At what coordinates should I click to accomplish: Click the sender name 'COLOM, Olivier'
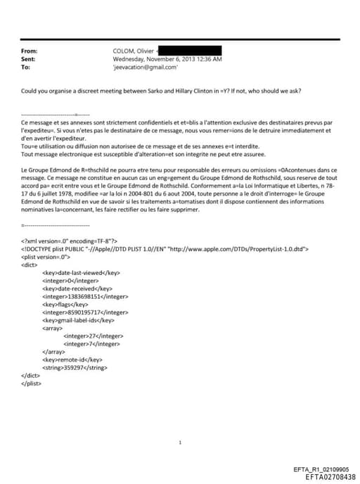134,51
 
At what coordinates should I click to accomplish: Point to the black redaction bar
190,51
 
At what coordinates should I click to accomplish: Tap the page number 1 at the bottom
181,442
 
